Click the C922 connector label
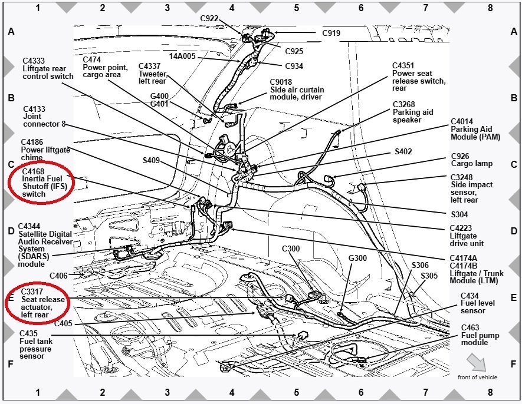[209, 18]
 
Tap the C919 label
[331, 33]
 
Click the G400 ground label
[159, 95]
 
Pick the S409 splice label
[151, 160]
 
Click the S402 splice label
[403, 151]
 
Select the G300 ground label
[357, 258]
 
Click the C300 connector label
[291, 249]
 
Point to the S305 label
[429, 275]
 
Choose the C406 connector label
[58, 276]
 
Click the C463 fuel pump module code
[470, 327]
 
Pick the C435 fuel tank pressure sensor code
[30, 333]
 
